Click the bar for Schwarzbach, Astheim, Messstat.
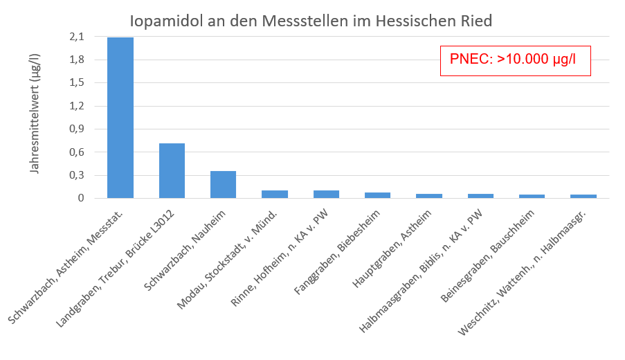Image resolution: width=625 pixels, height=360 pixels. pos(120,118)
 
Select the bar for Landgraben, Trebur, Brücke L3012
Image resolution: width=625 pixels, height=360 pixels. pos(172,171)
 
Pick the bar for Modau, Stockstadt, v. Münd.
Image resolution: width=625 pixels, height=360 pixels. pos(275,195)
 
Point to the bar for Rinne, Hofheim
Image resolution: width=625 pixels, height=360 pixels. pos(326,195)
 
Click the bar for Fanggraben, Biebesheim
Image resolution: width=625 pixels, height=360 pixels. pos(377,195)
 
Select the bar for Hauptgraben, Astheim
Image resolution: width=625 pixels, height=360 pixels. pos(429,196)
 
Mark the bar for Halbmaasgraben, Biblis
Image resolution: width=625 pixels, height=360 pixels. pos(480,196)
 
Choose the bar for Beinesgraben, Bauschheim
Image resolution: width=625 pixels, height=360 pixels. pos(532,197)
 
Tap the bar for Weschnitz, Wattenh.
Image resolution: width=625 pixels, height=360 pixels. pos(583,197)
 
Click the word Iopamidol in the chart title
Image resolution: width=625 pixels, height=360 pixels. pos(164,21)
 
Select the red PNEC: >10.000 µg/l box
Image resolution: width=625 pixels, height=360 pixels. pos(515,60)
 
